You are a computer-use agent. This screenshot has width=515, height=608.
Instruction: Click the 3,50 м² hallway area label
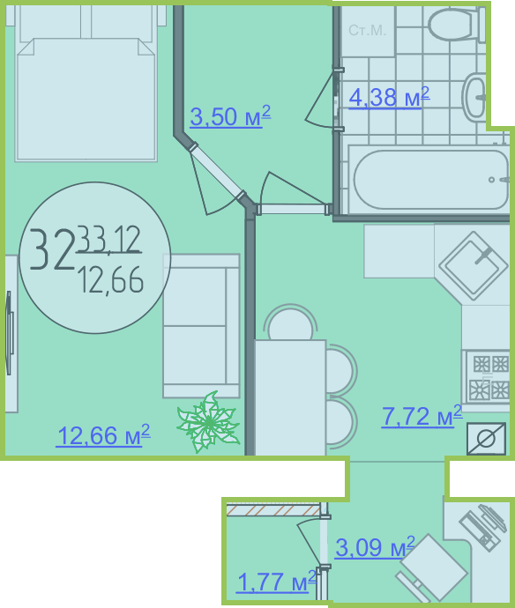[230, 116]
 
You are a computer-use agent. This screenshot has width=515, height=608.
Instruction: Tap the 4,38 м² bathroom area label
[389, 97]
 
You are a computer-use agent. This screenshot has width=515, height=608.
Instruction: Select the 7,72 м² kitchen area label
[422, 416]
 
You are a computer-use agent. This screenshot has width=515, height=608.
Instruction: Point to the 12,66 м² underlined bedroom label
[103, 435]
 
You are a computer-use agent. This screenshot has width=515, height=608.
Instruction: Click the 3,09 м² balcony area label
[375, 547]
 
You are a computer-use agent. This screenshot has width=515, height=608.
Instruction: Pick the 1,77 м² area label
[276, 582]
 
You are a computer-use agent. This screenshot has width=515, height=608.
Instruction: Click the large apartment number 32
[52, 249]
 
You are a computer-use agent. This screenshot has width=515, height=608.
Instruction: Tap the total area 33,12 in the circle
[109, 240]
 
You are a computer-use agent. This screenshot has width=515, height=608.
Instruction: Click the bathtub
[429, 180]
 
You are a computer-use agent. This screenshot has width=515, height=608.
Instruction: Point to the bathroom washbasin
[474, 97]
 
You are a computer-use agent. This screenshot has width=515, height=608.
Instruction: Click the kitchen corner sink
[473, 266]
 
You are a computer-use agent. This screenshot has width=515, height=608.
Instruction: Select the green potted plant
[208, 422]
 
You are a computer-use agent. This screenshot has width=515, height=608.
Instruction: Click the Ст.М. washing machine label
[367, 30]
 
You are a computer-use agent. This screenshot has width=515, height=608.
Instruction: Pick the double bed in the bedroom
[86, 83]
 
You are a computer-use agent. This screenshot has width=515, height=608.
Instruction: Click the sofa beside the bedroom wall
[201, 326]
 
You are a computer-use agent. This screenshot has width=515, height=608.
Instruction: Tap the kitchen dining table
[290, 397]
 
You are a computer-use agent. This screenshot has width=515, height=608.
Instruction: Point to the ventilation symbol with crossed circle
[486, 439]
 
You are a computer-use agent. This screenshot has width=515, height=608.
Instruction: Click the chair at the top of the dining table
[290, 322]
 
